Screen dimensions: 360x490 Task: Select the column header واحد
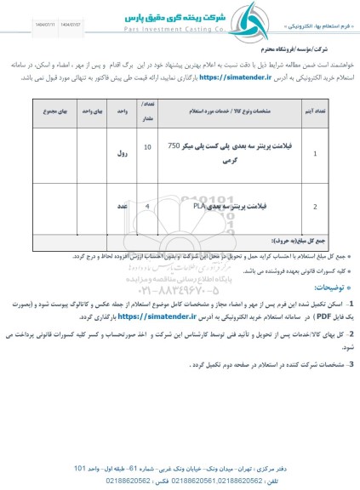[x=123, y=111]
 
